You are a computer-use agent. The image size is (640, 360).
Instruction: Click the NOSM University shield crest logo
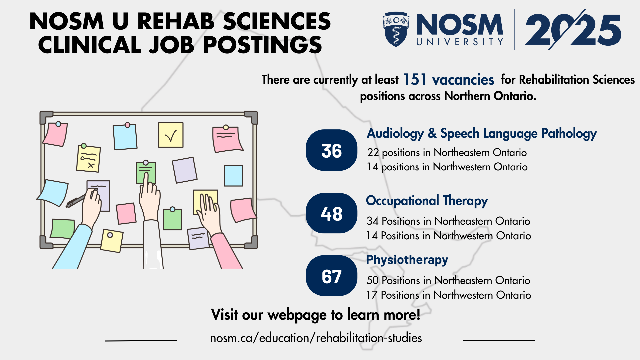point(396,29)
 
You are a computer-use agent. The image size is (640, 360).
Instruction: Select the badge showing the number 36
point(332,150)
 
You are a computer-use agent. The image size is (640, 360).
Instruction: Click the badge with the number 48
point(332,213)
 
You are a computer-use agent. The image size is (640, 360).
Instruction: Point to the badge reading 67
point(332,276)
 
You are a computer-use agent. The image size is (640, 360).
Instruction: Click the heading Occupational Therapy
point(427,201)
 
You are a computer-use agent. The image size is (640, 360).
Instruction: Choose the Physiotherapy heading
point(407,260)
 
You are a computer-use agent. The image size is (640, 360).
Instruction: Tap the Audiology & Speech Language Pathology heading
point(482,133)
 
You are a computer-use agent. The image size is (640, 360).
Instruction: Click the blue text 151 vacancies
point(449,80)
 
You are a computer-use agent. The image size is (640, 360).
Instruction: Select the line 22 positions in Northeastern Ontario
point(447,153)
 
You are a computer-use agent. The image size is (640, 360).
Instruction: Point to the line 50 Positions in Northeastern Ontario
point(448,280)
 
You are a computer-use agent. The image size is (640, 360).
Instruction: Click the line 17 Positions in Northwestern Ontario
point(449,295)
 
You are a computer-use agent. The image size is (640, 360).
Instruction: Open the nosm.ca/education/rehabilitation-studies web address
point(316,338)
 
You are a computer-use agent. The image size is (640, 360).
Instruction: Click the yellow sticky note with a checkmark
point(171,135)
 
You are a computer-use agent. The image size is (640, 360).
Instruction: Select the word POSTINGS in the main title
point(262,45)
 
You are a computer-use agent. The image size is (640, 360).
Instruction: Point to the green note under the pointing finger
point(146,172)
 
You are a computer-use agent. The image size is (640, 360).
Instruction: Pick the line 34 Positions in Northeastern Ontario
point(448,221)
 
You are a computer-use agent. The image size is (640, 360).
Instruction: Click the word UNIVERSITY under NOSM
point(460,42)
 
